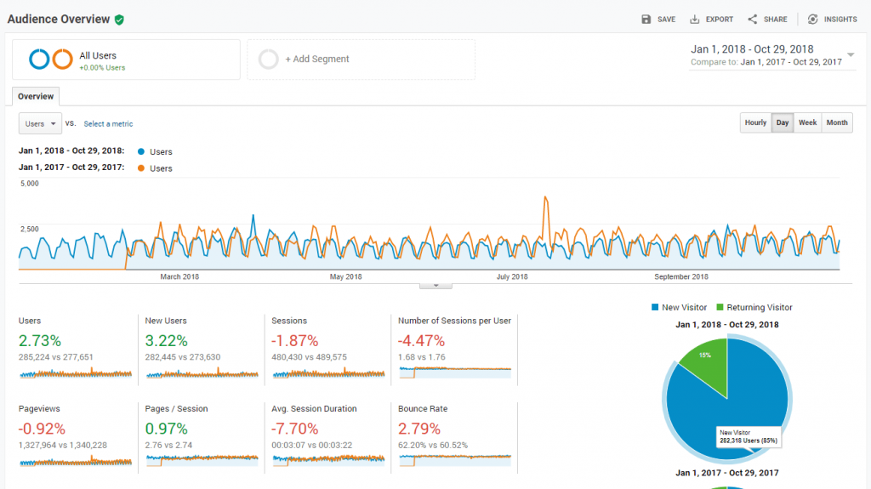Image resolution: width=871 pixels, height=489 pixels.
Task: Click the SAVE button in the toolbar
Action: point(658,20)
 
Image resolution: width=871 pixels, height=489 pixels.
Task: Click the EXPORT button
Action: point(712,20)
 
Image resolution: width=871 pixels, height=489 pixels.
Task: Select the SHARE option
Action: point(767,20)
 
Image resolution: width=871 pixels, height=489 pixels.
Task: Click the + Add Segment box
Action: point(361,60)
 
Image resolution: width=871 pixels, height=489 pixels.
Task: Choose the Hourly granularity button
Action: point(755,122)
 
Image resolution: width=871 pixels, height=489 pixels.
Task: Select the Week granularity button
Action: point(807,122)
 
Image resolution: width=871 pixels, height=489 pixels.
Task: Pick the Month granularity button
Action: point(837,122)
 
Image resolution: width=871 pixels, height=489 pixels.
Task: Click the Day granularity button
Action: point(783,122)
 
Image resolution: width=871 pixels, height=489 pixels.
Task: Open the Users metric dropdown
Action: point(40,123)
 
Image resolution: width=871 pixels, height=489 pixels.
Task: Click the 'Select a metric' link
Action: point(108,124)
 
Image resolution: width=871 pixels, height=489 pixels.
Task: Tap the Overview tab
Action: point(36,97)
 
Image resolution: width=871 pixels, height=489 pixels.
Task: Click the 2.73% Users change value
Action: point(41,340)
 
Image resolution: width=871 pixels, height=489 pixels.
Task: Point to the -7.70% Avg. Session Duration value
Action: point(294,429)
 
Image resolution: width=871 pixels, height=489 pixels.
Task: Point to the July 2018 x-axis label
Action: point(512,276)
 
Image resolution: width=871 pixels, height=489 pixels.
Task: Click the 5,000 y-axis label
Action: point(29,184)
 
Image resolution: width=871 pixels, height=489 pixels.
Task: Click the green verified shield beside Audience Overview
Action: point(119,20)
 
